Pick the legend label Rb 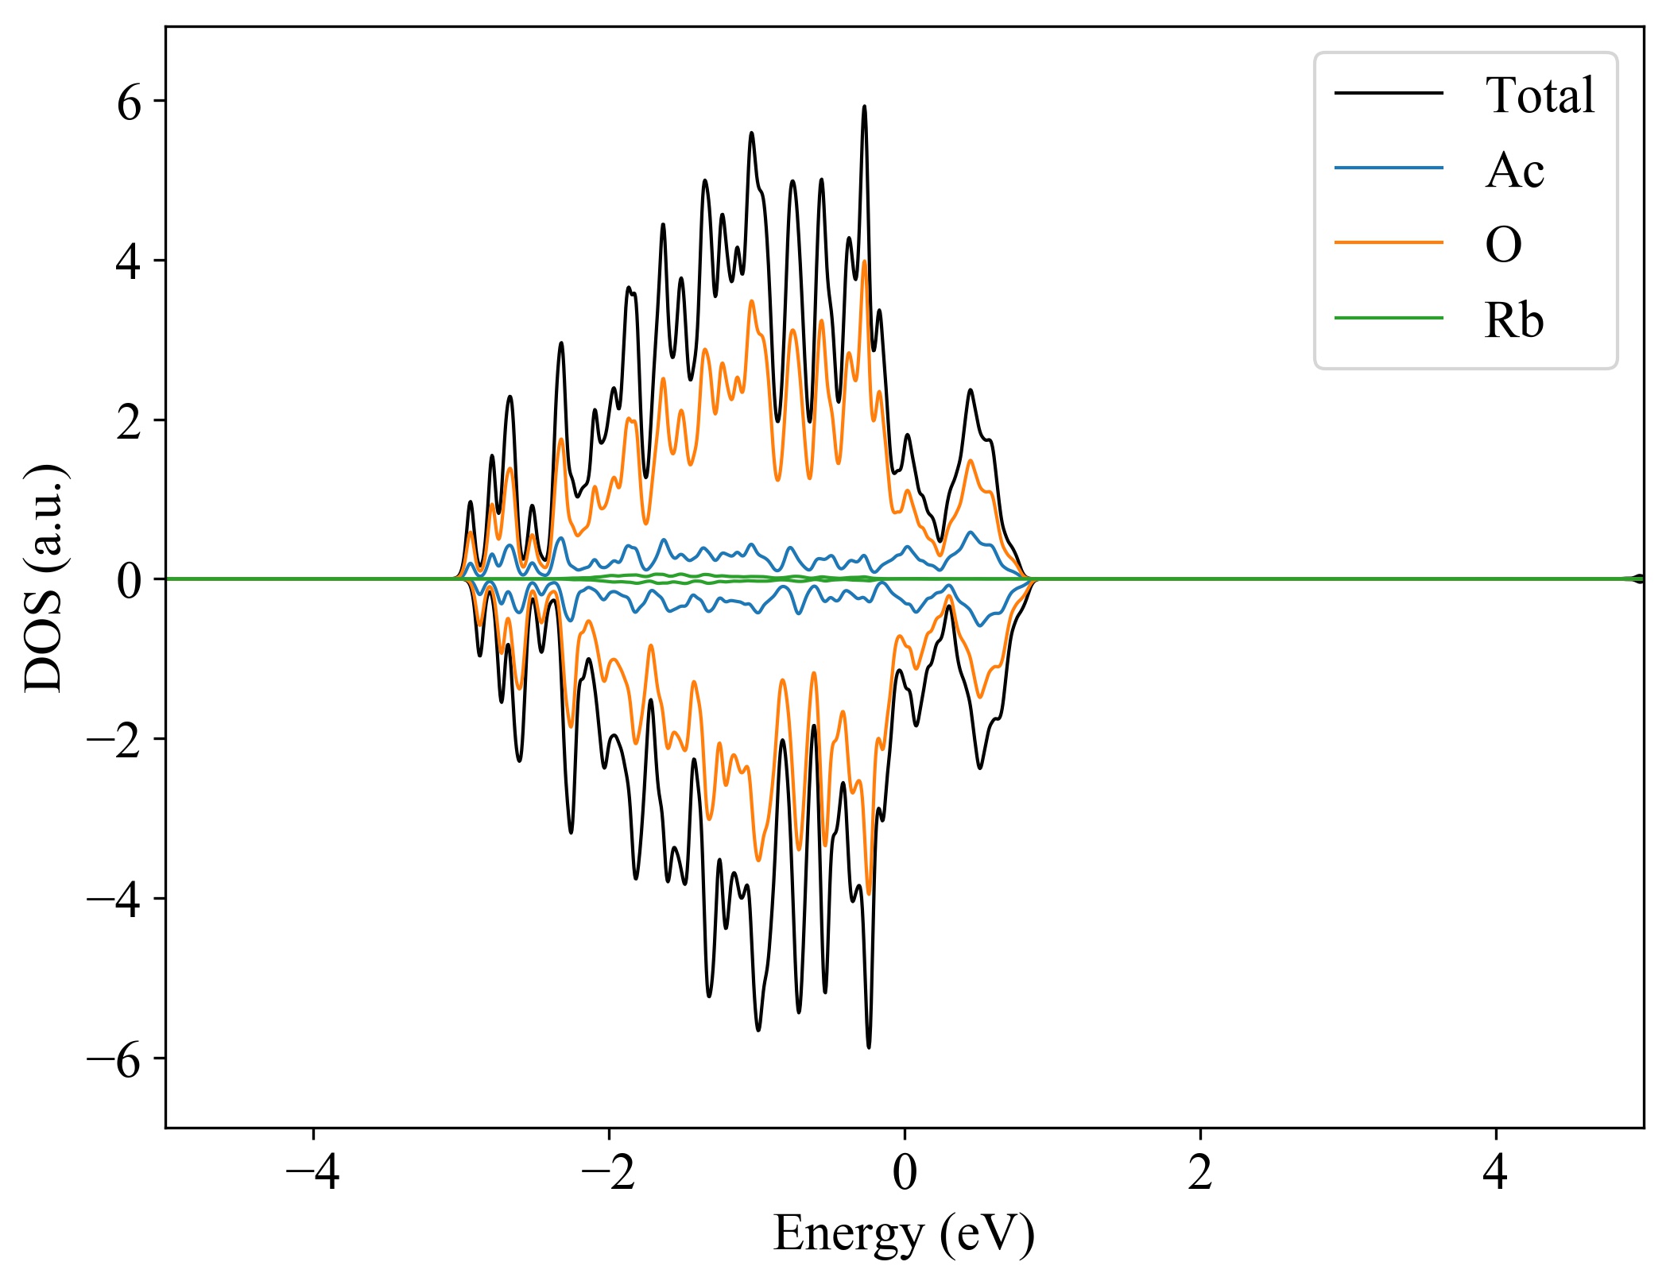[1513, 320]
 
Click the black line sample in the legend [1388, 93]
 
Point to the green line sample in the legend [1388, 318]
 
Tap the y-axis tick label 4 [129, 262]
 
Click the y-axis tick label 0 [129, 581]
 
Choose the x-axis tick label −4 [313, 1171]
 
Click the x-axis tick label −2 [609, 1171]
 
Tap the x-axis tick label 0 [905, 1171]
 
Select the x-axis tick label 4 [1495, 1171]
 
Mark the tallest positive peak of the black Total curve [864, 106]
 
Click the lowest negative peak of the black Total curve [868, 1047]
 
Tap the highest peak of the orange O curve [864, 261]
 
